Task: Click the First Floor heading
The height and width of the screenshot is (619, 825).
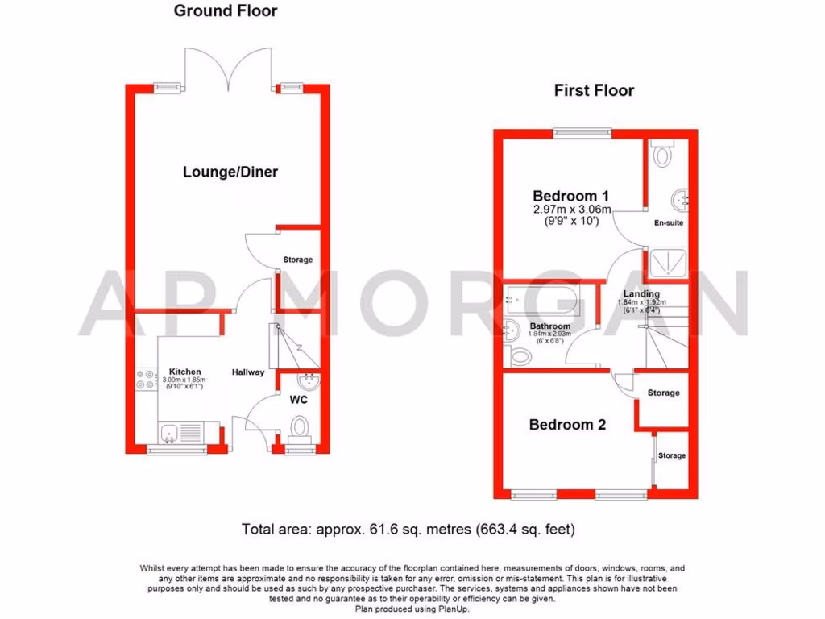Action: pyautogui.click(x=594, y=90)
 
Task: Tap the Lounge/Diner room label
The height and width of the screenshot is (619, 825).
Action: pyautogui.click(x=230, y=172)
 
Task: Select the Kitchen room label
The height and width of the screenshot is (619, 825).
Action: pyautogui.click(x=184, y=372)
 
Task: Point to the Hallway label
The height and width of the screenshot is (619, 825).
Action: pyautogui.click(x=248, y=372)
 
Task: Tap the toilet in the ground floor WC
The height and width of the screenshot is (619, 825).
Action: pyautogui.click(x=300, y=426)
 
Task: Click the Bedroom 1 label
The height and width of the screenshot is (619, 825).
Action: pyautogui.click(x=570, y=196)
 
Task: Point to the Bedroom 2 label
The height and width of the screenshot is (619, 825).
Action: pyautogui.click(x=567, y=425)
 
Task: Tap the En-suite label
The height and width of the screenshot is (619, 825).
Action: pyautogui.click(x=669, y=222)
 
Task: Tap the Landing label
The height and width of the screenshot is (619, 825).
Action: pyautogui.click(x=642, y=294)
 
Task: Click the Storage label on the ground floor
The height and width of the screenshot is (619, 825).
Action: pyautogui.click(x=297, y=260)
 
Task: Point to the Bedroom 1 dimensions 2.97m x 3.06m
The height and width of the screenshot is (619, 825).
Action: pyautogui.click(x=572, y=210)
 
